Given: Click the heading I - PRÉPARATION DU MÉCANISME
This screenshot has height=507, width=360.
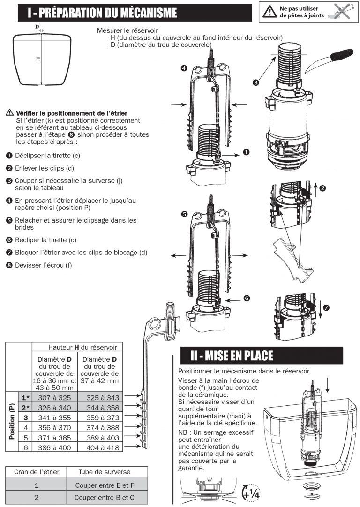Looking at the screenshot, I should coord(102,13).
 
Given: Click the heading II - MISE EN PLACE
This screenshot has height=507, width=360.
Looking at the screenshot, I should coord(232,356).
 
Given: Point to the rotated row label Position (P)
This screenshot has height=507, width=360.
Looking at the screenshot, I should coord(12,422).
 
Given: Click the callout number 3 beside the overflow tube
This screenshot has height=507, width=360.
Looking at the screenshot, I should coord(256,83).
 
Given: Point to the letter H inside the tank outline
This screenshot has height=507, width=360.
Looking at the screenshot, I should coord(38,59).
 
